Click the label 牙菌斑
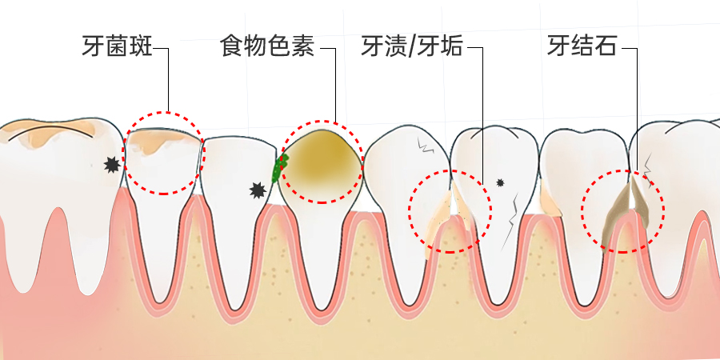click(x=117, y=46)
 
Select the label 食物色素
click(x=266, y=46)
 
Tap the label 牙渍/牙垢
click(x=412, y=46)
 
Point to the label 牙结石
click(x=582, y=46)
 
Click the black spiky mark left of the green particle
click(x=258, y=190)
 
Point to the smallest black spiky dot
click(x=501, y=182)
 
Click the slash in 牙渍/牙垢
click(x=412, y=46)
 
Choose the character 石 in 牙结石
click(x=606, y=46)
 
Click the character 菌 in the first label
click(x=117, y=46)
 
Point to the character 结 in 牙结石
click(x=582, y=46)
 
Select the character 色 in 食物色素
click(x=278, y=46)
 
